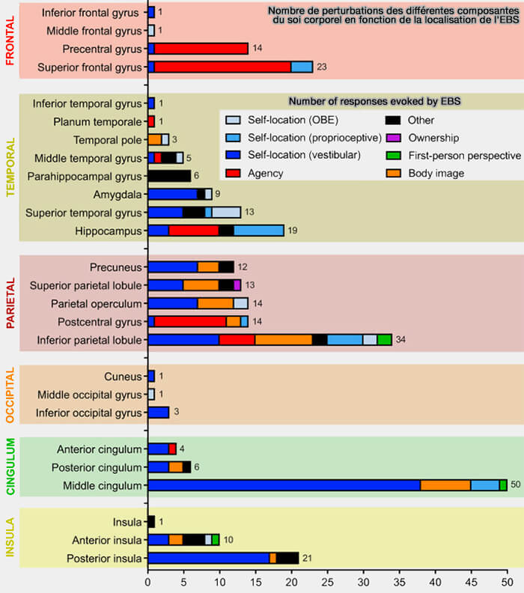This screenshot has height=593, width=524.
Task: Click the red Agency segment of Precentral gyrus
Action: (x=201, y=49)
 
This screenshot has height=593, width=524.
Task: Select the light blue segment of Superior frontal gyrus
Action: (x=302, y=67)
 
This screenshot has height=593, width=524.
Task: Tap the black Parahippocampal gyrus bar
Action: (x=169, y=176)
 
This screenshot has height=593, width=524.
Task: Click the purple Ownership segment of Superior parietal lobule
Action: (x=237, y=285)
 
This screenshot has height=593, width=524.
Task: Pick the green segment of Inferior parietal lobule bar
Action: (x=384, y=339)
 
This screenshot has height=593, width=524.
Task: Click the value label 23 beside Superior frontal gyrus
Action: (x=323, y=67)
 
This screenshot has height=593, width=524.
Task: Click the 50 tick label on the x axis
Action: (x=507, y=581)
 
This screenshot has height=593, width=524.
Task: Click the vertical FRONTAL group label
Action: (x=10, y=40)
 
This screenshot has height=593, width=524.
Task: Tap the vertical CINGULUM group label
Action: (x=10, y=467)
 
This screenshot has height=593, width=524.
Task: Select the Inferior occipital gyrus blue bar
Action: (x=159, y=413)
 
